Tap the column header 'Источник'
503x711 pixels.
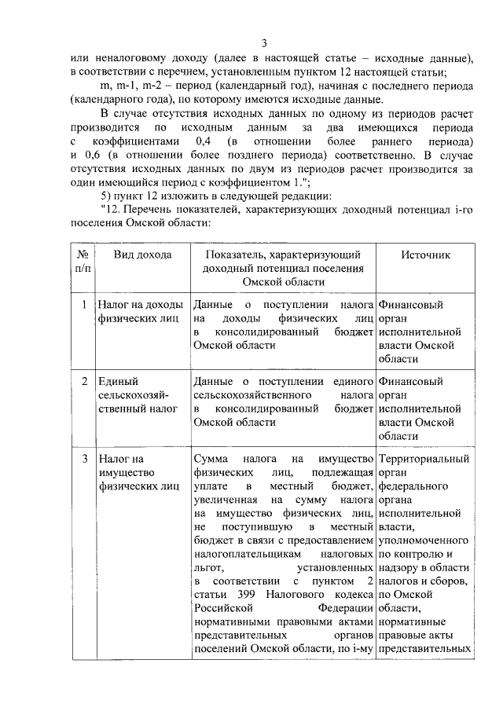pos(425,255)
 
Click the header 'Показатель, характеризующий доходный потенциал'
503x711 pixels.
pos(283,269)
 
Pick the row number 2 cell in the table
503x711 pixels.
pos(83,382)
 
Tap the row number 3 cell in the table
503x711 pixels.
pos(83,459)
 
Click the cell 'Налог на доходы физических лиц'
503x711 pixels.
pos(140,312)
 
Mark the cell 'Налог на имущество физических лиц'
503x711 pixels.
pos(134,472)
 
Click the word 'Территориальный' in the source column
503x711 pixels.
pos(424,459)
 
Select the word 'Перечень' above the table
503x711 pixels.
pos(147,209)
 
